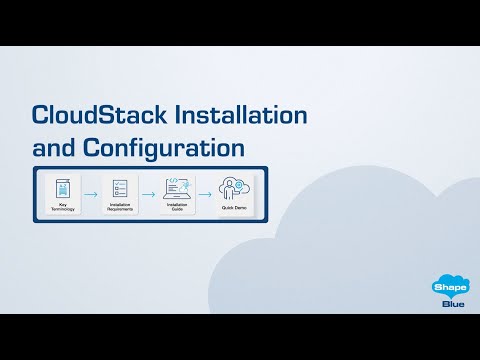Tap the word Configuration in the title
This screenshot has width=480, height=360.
169,148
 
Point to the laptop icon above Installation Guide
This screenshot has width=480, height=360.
175,187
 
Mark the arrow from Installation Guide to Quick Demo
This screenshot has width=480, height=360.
205,195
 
